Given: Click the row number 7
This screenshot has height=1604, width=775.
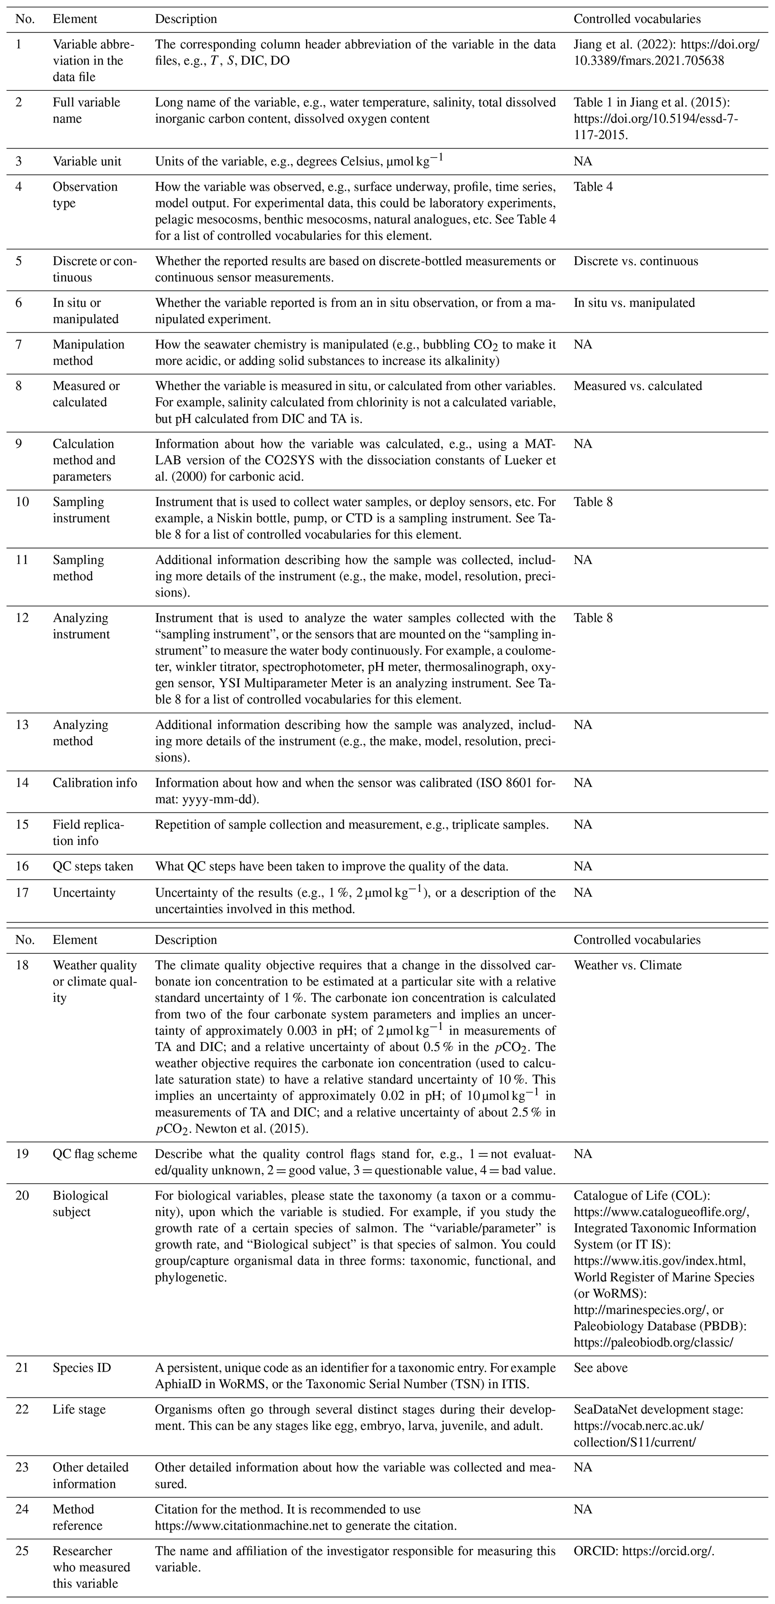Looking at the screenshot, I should [19, 344].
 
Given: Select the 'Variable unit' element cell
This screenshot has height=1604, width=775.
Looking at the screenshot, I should [87, 161].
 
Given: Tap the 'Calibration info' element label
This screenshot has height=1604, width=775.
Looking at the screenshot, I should [94, 783].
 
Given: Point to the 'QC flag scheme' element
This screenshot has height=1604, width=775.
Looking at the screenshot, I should [94, 1154].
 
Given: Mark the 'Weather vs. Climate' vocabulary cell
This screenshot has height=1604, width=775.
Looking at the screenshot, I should [628, 965].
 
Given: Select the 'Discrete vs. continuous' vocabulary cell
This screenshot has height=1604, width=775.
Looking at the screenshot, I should [636, 261].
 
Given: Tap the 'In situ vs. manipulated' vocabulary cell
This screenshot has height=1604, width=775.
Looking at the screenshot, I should [634, 303].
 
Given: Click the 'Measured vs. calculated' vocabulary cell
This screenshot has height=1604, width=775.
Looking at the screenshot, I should [637, 386].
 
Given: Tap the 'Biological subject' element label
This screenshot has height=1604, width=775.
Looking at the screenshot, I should [80, 1203].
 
